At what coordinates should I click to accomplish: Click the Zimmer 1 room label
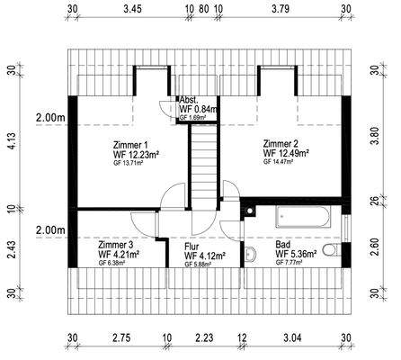click(130, 145)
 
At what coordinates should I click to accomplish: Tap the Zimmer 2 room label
click(281, 144)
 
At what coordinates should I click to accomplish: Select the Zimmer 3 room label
click(115, 245)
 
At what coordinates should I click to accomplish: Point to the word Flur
click(192, 247)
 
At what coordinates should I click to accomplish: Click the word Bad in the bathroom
click(282, 245)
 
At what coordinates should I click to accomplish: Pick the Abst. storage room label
click(189, 100)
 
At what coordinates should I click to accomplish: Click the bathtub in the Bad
click(303, 217)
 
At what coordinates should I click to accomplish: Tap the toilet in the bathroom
click(332, 250)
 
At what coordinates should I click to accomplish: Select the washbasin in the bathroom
click(250, 254)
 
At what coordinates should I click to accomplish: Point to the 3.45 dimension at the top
click(132, 9)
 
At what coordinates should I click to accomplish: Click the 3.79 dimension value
click(281, 9)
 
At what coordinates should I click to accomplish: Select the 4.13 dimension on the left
click(12, 140)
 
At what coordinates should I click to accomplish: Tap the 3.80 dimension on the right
click(375, 135)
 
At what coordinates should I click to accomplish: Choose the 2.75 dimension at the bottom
click(121, 337)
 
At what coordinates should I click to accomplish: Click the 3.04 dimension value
click(292, 337)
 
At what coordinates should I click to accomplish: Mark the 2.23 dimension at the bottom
click(204, 337)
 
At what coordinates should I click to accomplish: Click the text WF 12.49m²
click(286, 153)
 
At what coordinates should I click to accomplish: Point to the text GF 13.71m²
click(128, 163)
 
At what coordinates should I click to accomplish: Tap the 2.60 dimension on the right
click(375, 247)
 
